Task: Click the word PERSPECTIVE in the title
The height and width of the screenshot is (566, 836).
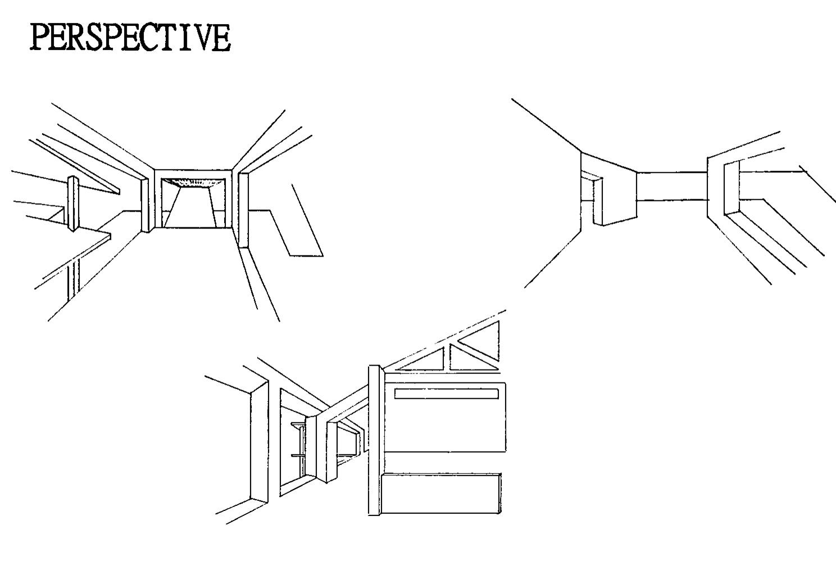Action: tap(130, 38)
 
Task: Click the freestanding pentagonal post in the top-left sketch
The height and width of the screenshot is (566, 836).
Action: tap(73, 203)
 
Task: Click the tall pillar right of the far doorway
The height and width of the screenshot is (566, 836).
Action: tap(243, 209)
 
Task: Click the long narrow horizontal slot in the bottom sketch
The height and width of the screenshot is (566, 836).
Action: tap(447, 394)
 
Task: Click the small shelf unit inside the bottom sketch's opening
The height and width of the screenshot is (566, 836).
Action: tap(299, 449)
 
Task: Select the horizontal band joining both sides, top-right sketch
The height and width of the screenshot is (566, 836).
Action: tap(671, 185)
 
